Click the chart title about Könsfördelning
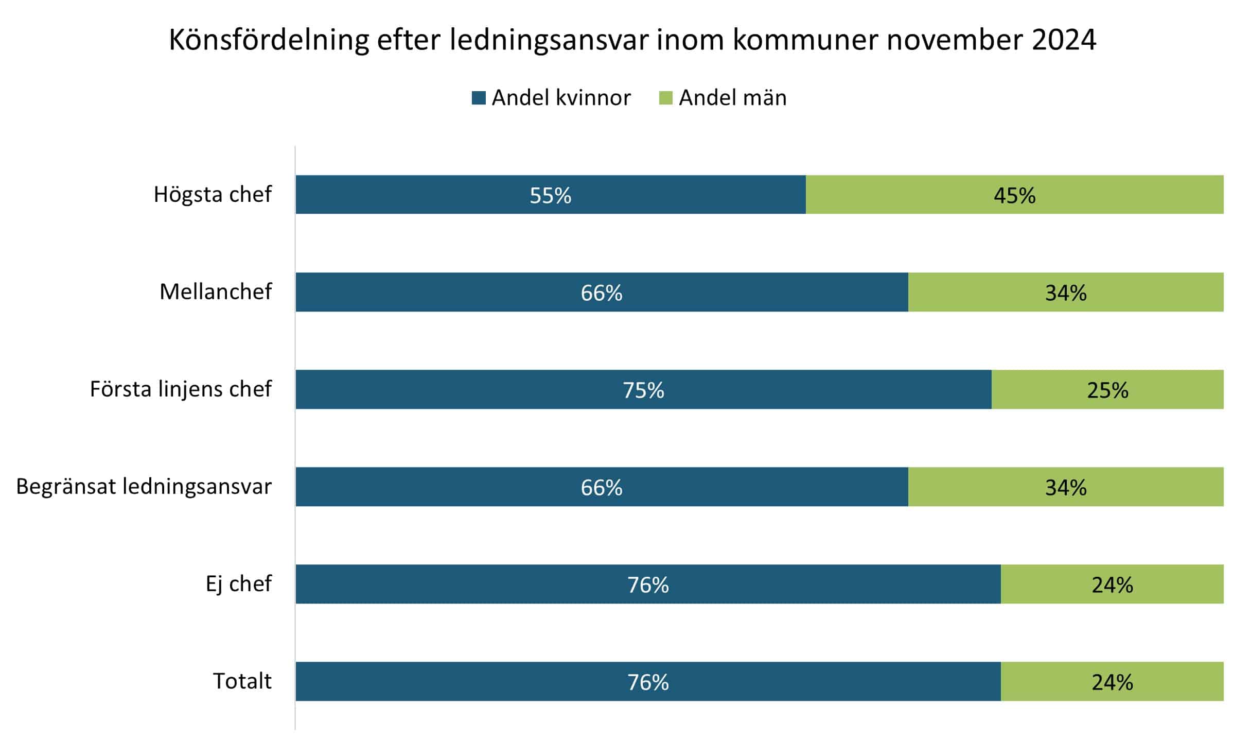pos(632,40)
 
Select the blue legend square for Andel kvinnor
pos(479,98)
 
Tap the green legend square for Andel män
pos(665,98)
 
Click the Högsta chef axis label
pos(213,195)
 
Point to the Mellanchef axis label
pos(216,292)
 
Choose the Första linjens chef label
pos(181,389)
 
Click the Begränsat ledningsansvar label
pos(144,487)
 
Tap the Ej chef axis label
pos(238,584)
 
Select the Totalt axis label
pos(242,681)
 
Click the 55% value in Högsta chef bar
pos(550,196)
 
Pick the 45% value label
pos(1014,196)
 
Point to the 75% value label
pos(643,390)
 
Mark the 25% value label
pos(1107,390)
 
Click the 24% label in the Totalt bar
pos(1112,682)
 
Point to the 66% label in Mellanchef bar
pos(601,293)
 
